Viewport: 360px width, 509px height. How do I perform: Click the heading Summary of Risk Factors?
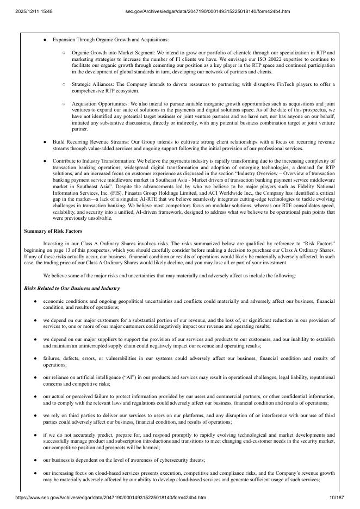[53, 231]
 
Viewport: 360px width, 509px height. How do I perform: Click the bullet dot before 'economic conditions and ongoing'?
[35, 301]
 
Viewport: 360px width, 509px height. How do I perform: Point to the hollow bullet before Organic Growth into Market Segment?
[64, 53]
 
